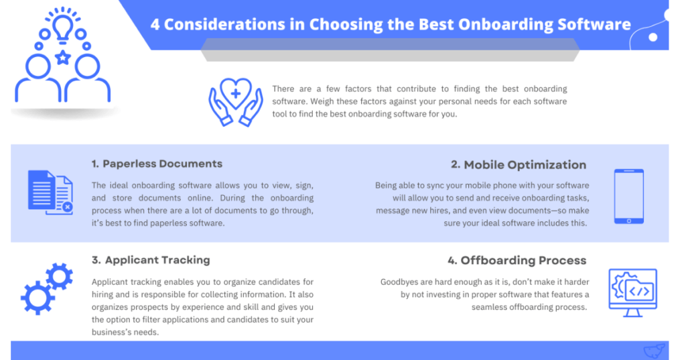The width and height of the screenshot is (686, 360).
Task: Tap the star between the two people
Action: click(x=62, y=58)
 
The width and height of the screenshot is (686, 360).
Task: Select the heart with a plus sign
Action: click(x=235, y=93)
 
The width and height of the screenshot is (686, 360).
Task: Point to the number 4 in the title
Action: click(x=155, y=25)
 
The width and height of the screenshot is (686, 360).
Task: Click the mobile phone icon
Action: click(x=628, y=196)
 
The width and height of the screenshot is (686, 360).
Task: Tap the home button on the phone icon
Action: click(x=628, y=221)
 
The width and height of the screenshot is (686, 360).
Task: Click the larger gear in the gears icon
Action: click(x=38, y=298)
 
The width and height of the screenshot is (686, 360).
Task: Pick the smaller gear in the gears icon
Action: click(x=59, y=276)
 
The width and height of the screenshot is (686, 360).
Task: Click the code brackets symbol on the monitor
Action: click(x=639, y=291)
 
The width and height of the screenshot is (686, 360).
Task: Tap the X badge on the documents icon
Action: click(x=67, y=206)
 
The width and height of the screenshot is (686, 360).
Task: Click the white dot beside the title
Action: click(x=653, y=38)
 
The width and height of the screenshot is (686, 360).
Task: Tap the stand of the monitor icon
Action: click(x=632, y=312)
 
